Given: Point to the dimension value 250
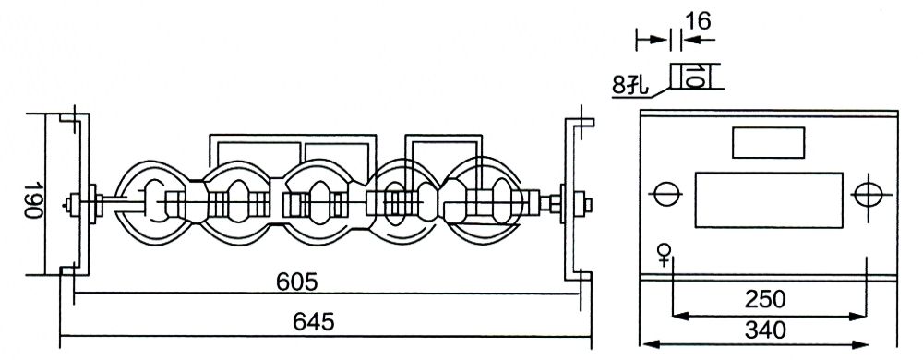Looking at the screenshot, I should tap(765, 299).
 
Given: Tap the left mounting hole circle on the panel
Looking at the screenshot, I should tap(665, 195).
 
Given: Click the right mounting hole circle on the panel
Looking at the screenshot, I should tap(868, 195).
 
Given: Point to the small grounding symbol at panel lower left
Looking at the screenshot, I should tap(663, 251).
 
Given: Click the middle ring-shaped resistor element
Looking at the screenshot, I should tap(318, 198).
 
